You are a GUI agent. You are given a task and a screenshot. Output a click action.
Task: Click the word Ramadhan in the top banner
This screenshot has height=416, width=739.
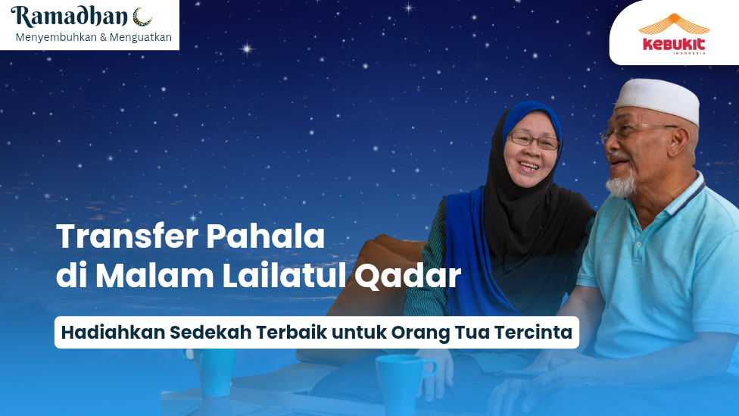pos(70,16)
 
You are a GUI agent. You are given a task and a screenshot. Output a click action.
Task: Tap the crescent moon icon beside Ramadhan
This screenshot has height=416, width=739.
pos(142,16)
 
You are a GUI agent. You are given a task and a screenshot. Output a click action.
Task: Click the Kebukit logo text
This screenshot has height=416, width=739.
pos(674,44)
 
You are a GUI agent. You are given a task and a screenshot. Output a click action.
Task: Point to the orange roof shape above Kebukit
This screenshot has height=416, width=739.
pos(674,24)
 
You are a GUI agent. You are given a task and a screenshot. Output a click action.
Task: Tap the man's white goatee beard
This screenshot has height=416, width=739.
pos(620,184)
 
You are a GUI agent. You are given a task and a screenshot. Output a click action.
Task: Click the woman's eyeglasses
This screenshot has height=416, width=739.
pos(534,141)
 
